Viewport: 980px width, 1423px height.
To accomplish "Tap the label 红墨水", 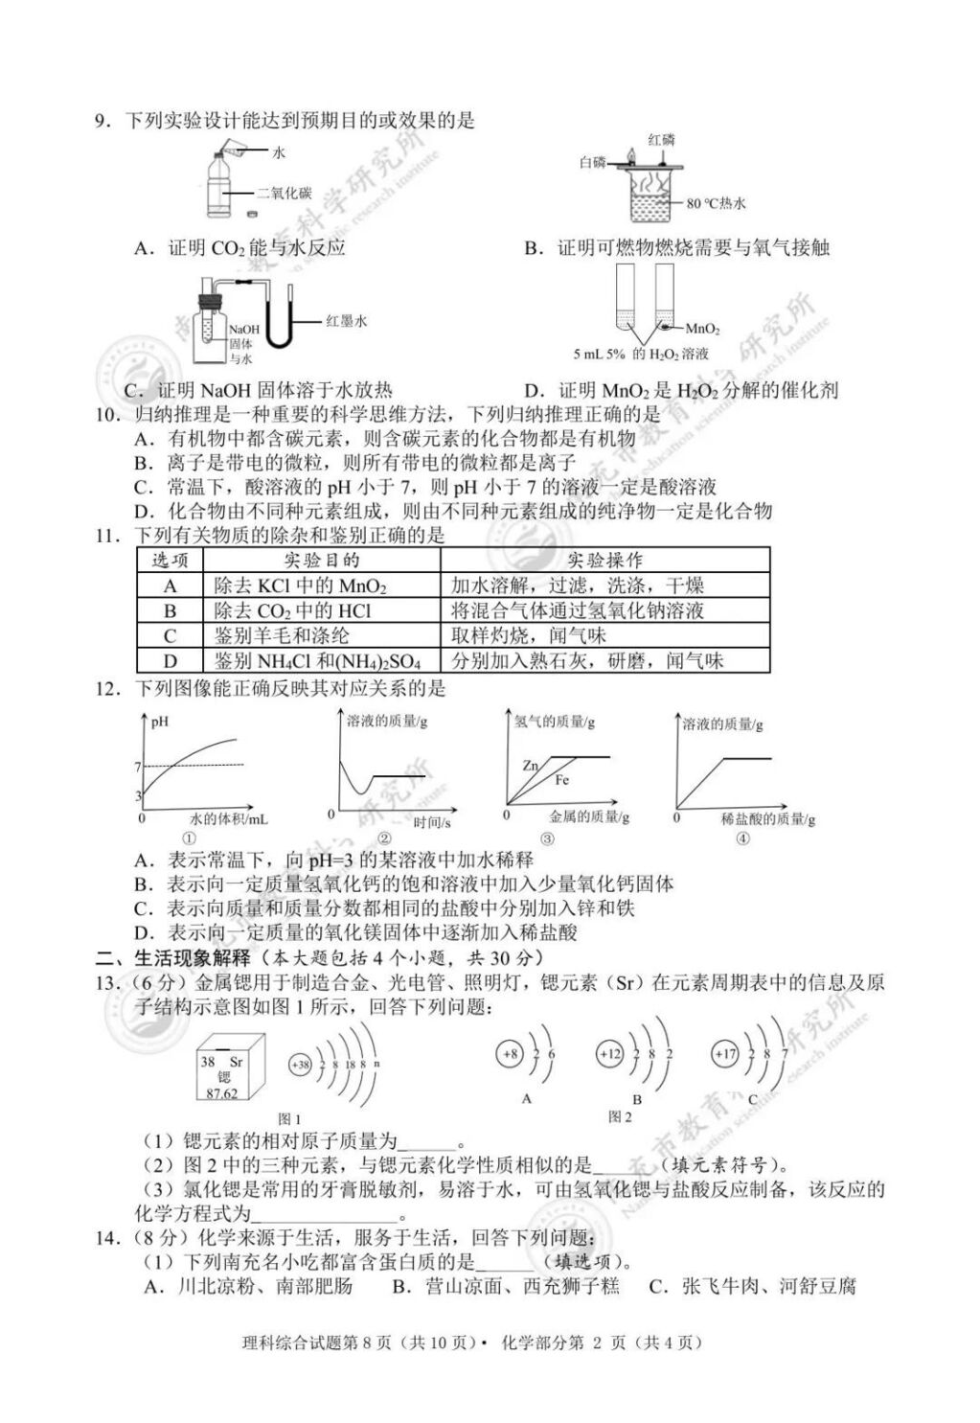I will coord(346,322).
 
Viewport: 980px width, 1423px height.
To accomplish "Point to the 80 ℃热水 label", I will coord(716,203).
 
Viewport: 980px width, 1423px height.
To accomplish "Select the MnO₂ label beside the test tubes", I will coord(702,330).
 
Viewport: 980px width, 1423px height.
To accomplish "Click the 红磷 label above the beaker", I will coord(661,140).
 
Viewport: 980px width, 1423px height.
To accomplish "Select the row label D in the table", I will coord(171,660).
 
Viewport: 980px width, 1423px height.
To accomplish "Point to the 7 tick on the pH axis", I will coord(138,767).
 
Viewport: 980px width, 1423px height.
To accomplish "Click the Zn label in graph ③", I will coord(531,766).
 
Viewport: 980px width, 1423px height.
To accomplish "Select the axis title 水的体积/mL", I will coord(229,819).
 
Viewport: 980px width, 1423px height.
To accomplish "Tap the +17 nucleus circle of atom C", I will coord(724,1054).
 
